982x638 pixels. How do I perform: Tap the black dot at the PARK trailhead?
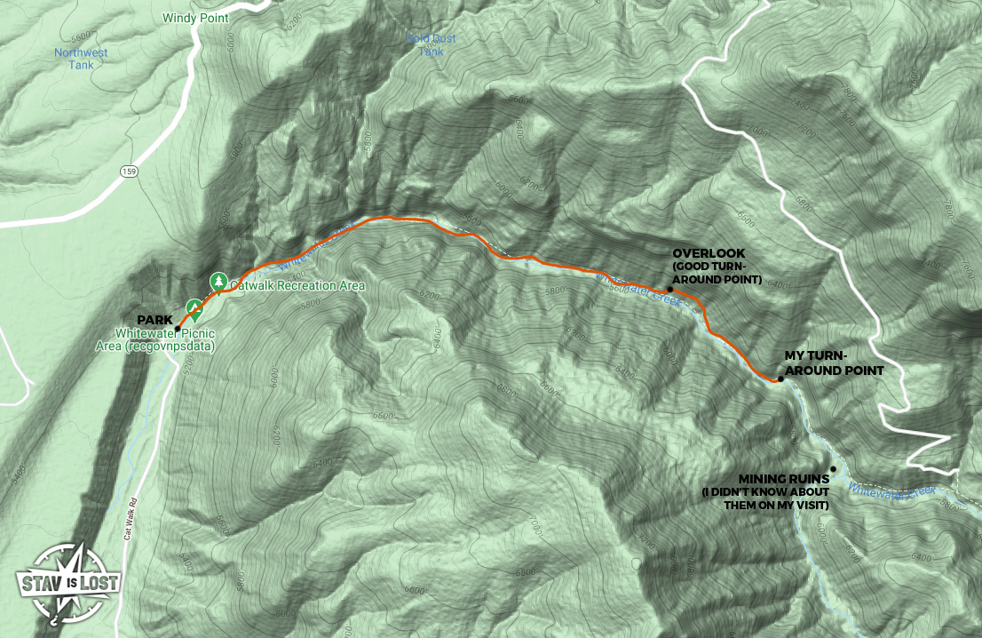[178, 329]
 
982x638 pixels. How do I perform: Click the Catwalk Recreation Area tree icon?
[218, 282]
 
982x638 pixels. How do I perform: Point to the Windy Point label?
[195, 18]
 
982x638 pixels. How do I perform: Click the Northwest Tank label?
[81, 59]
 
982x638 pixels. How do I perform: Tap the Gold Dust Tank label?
[430, 44]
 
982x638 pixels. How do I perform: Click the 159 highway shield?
[131, 172]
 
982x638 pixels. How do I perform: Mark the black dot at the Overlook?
[669, 289]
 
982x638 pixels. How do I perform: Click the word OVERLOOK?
[707, 252]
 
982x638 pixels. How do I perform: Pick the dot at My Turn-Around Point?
[780, 379]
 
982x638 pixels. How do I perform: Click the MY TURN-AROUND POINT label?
[834, 363]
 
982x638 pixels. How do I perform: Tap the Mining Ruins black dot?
[833, 468]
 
